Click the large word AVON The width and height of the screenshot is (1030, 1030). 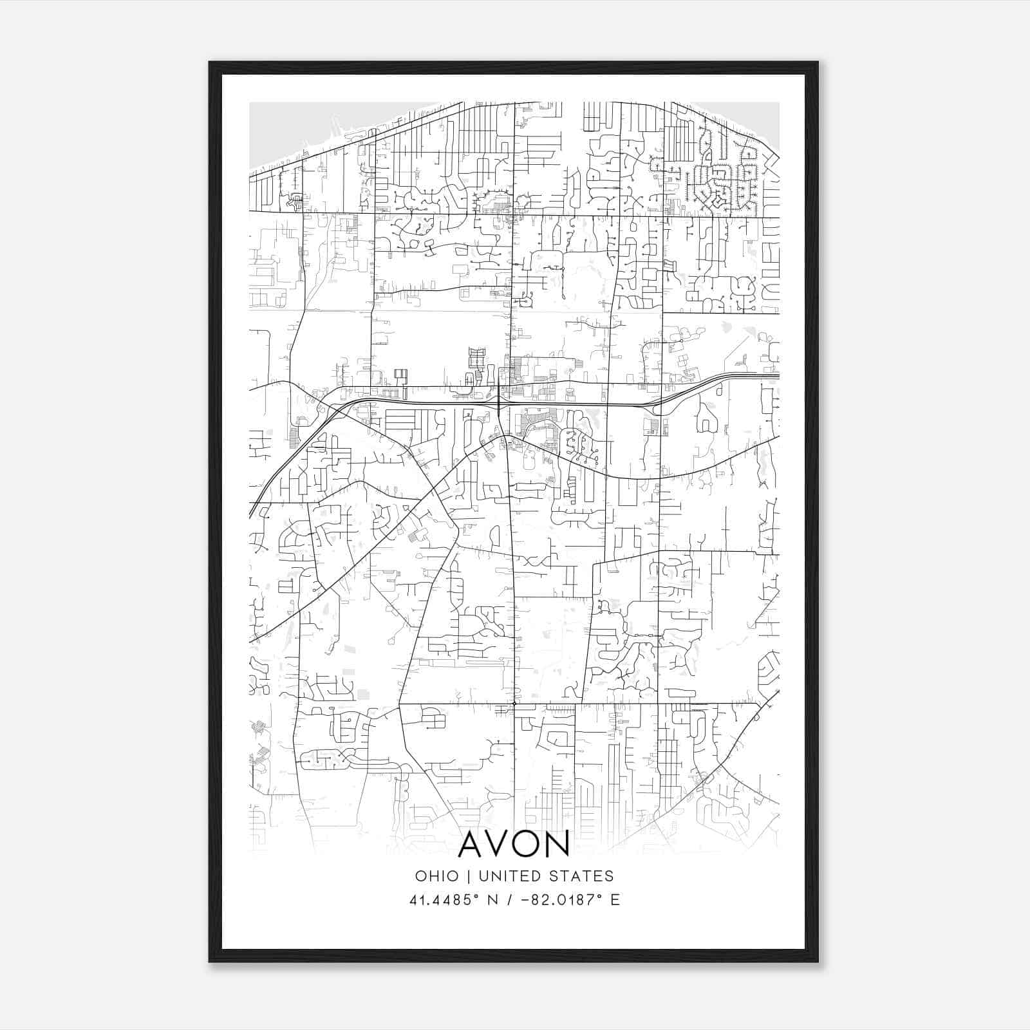(x=514, y=844)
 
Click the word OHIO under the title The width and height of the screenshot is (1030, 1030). (x=437, y=876)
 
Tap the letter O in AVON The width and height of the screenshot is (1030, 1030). (x=527, y=844)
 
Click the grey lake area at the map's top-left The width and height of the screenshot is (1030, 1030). (x=277, y=132)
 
